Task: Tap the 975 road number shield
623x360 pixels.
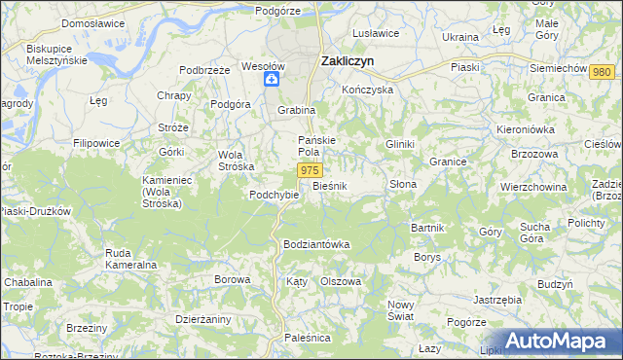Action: click(310, 170)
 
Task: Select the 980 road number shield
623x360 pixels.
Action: click(603, 72)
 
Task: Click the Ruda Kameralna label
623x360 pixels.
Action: click(138, 258)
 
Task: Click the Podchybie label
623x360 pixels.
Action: click(274, 195)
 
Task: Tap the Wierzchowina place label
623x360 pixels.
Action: click(533, 187)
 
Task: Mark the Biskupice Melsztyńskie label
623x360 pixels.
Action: click(56, 54)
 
